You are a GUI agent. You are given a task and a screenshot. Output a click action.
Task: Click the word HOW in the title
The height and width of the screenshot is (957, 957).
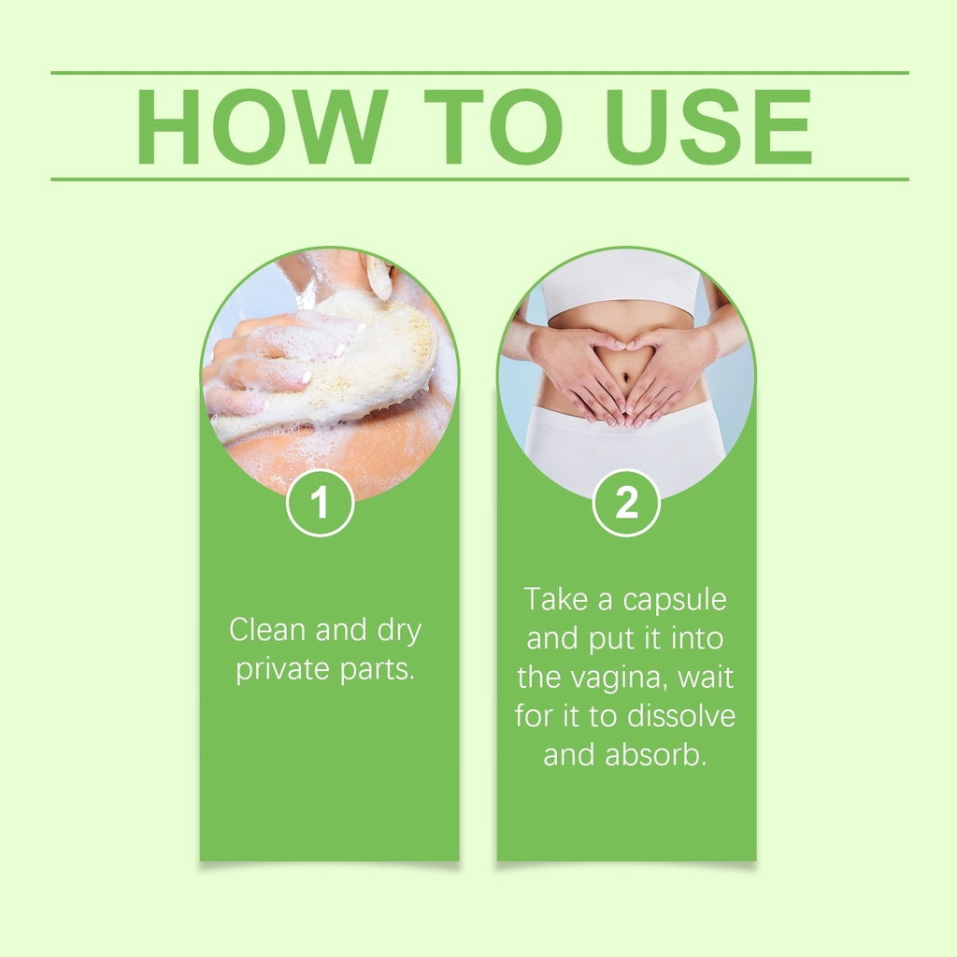[262, 126]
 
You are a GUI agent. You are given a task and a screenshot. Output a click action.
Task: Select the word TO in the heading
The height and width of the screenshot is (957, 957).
[493, 126]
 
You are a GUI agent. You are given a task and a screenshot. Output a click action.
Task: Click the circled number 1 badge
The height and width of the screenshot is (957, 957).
[320, 503]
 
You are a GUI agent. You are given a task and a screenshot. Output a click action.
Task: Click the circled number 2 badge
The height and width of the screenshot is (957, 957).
[626, 503]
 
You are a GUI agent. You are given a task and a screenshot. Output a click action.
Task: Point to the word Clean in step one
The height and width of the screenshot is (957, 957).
[267, 629]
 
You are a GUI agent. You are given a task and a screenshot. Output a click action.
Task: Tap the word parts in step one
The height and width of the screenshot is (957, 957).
[378, 670]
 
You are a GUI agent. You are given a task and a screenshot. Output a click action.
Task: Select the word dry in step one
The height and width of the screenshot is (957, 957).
[399, 631]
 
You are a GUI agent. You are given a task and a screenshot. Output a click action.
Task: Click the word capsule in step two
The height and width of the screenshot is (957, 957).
[675, 601]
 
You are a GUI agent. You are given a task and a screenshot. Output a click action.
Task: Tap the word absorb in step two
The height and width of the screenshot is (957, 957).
[655, 755]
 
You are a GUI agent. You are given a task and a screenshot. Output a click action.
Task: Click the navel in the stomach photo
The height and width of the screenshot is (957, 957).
[625, 379]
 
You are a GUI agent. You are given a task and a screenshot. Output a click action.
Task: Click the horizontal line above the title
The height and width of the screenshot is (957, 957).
[479, 73]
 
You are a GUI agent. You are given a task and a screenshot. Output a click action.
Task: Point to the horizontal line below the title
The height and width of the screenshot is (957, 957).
[479, 179]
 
